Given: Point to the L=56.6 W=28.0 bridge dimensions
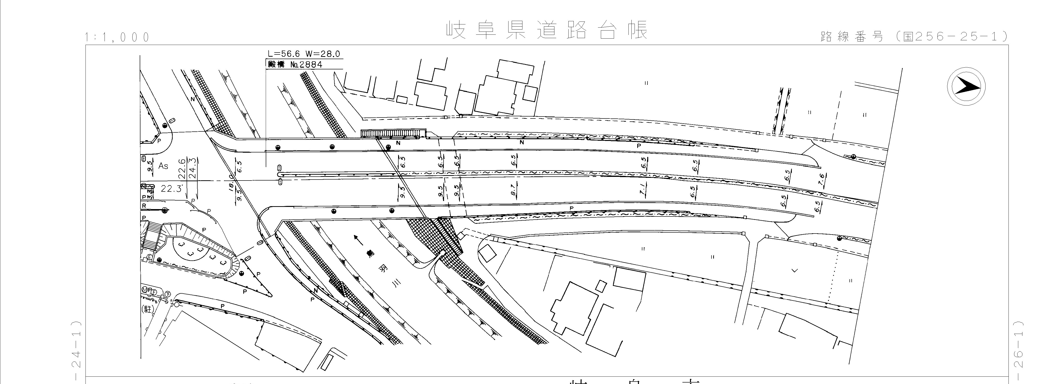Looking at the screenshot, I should pyautogui.click(x=304, y=54).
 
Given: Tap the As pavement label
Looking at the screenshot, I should pyautogui.click(x=163, y=166).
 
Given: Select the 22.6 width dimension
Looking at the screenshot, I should pyautogui.click(x=182, y=168).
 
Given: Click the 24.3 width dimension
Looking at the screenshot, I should pyautogui.click(x=193, y=168).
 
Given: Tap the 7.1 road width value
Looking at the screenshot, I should pyautogui.click(x=643, y=190).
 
